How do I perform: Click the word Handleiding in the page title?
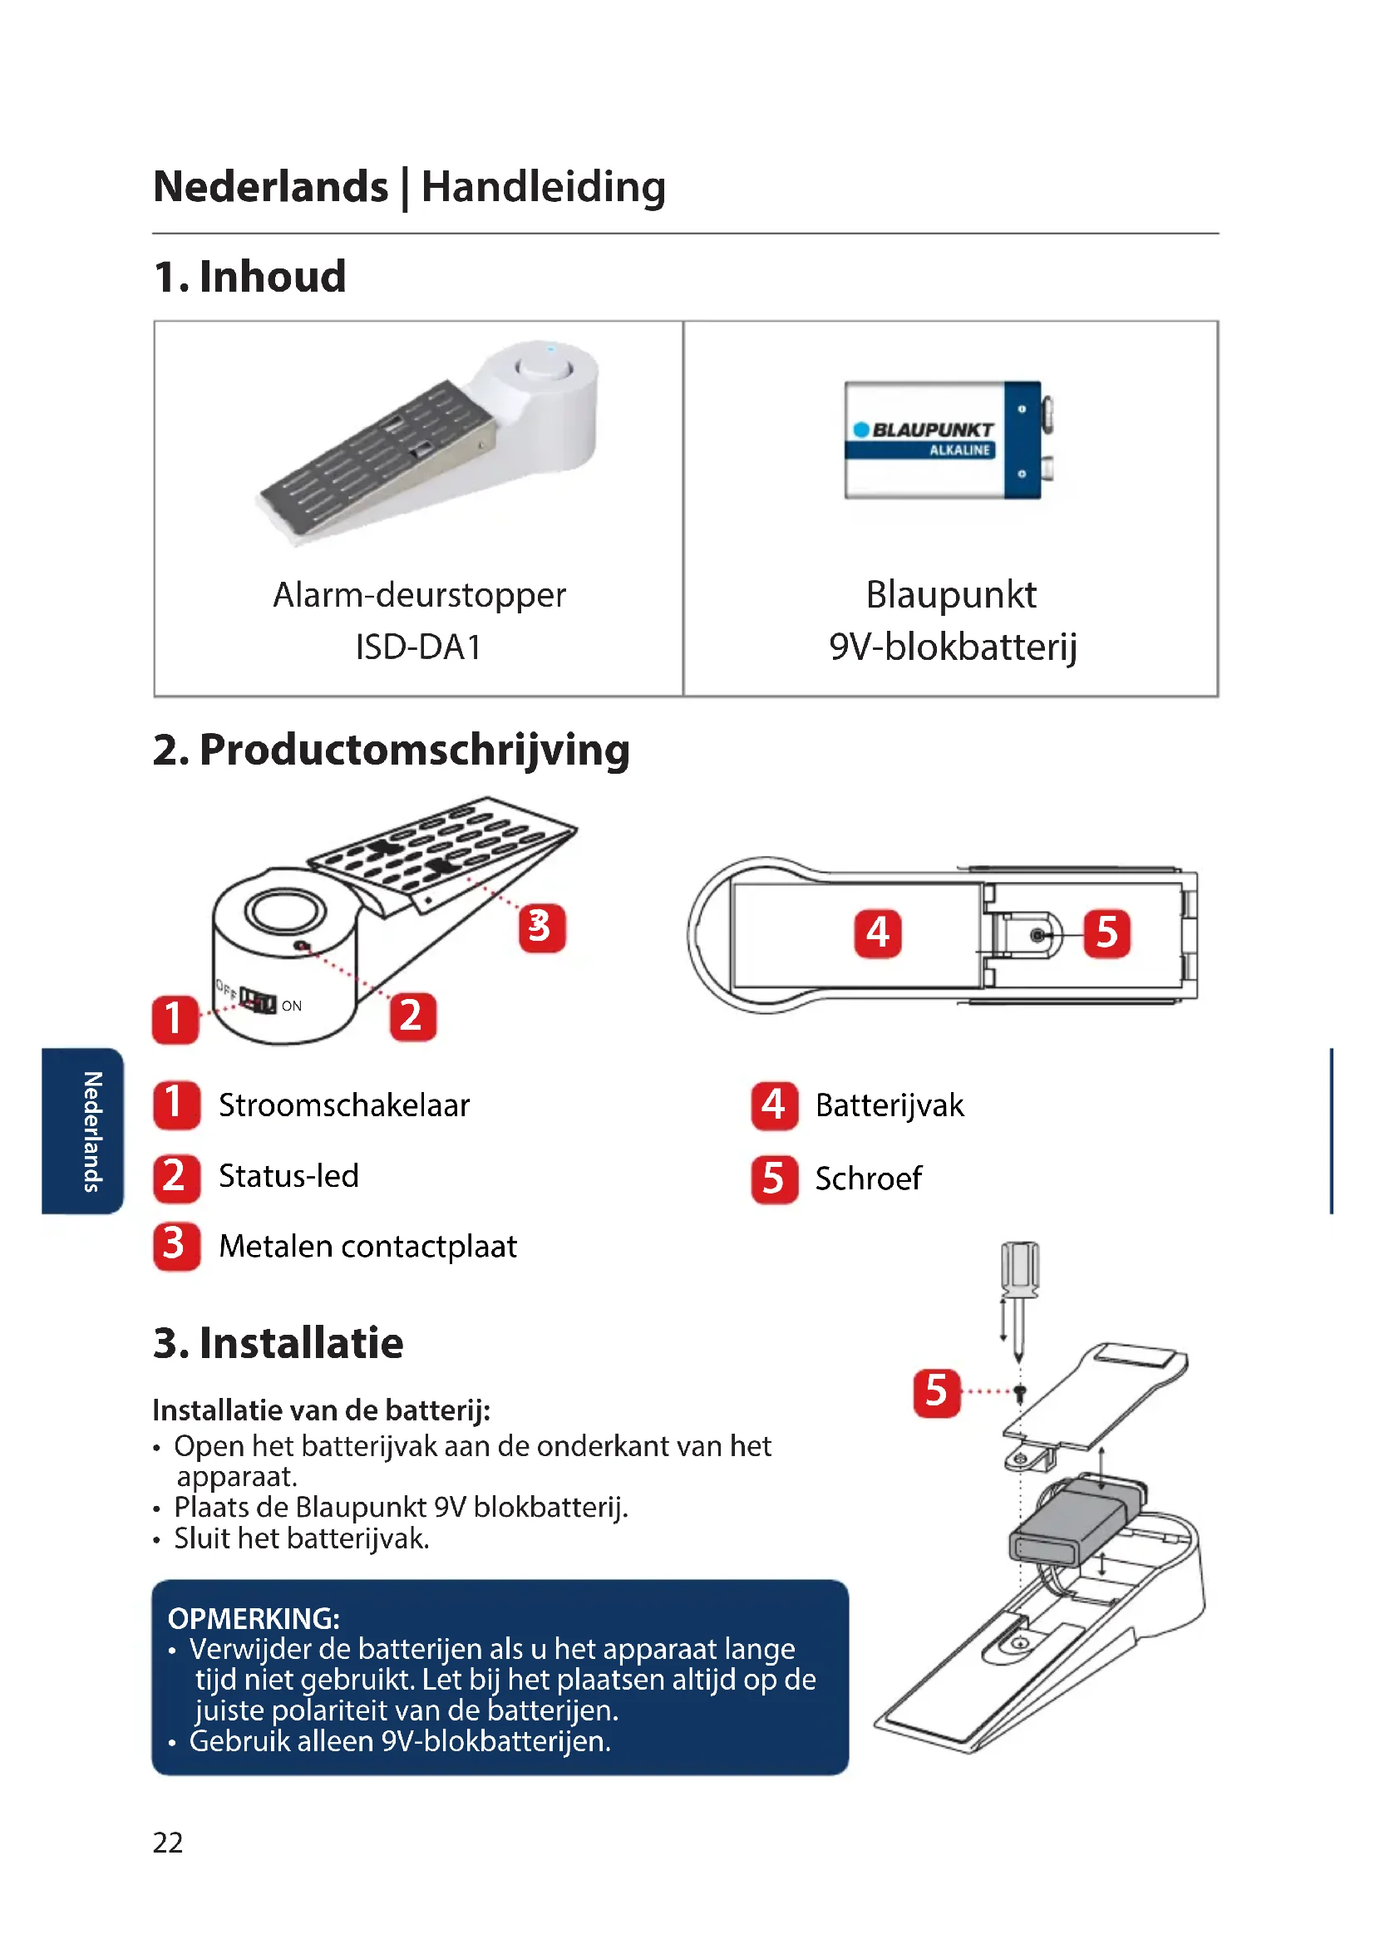pos(543,186)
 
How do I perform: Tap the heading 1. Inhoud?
pos(249,277)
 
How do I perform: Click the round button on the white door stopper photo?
pos(545,368)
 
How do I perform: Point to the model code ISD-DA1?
pos(418,647)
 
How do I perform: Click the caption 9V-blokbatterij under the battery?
pos(953,647)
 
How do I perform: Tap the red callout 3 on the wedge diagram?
pos(541,928)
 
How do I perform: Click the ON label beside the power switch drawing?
pos(291,1006)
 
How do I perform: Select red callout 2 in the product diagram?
pos(412,1016)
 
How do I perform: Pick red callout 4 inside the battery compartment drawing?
pos(877,933)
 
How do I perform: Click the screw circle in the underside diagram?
pos(1038,935)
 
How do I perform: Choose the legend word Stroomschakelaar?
pos(344,1105)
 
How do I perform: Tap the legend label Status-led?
pos(288,1176)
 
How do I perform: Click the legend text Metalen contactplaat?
pos(367,1247)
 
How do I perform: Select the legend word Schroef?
pos(868,1179)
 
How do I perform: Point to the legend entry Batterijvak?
pos(889,1105)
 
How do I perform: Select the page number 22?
pos(168,1843)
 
